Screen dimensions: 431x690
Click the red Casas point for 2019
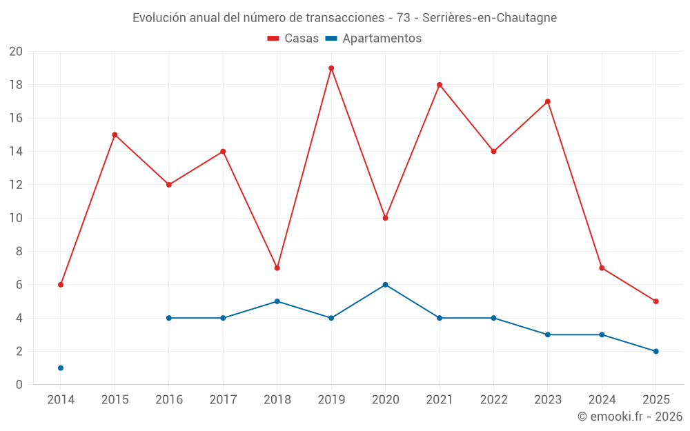coord(331,68)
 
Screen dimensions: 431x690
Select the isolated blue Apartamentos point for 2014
coord(61,368)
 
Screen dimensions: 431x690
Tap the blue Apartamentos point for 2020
coord(385,285)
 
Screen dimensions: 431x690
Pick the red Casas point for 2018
coord(277,268)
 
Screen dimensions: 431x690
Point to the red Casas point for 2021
coord(440,85)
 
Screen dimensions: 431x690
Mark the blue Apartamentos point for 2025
coord(655,352)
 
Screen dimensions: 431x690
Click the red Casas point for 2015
coord(115,135)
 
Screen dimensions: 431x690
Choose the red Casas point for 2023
coord(548,101)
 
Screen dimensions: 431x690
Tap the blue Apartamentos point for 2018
coord(277,301)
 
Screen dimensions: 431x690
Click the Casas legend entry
coord(293,39)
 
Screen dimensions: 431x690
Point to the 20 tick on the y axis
coord(16,52)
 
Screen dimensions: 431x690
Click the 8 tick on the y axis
coord(19,252)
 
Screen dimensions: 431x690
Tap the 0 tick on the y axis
coord(19,385)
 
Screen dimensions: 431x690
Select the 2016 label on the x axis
coord(169,400)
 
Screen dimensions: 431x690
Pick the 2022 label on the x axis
coord(493,400)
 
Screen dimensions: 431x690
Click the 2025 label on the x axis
coord(655,400)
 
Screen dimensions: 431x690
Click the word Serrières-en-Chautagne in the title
coord(489,18)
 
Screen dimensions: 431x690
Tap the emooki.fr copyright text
coord(630,417)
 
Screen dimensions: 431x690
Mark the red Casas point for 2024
coord(602,268)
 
